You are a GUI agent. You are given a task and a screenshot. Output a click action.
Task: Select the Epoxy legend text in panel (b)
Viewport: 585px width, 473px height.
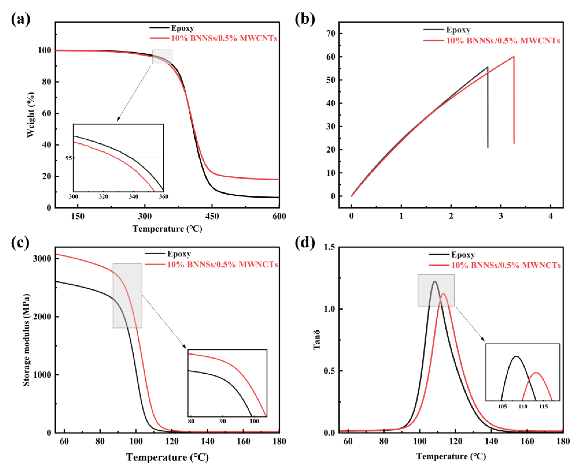[x=458, y=30]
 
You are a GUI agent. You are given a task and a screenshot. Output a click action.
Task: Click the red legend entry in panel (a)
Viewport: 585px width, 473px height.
[x=224, y=38]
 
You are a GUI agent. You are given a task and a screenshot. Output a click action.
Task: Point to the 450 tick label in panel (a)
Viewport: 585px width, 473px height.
[x=212, y=216]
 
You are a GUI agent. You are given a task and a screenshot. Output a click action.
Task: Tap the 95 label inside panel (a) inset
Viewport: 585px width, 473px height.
[x=69, y=158]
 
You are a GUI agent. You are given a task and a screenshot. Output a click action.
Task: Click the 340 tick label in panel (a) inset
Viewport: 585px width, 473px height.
[x=133, y=196]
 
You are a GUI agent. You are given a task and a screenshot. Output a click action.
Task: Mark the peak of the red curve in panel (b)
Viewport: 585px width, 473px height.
[x=514, y=57]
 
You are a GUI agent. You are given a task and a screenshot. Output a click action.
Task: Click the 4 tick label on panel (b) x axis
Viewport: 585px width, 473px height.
[x=551, y=216]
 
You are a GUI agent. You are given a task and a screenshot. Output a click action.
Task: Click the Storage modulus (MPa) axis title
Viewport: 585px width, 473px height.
[x=26, y=340]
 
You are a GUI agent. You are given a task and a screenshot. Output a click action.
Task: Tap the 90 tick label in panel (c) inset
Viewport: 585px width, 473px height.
[x=223, y=421]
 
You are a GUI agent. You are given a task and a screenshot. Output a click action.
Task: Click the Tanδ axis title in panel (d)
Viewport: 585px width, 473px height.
[x=316, y=340]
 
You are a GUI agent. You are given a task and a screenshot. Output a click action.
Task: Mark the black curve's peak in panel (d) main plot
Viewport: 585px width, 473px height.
[x=435, y=281]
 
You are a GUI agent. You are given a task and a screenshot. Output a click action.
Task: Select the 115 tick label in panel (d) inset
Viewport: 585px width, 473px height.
[x=544, y=406]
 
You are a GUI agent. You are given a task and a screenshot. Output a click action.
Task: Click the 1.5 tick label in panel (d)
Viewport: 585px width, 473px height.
[x=329, y=247]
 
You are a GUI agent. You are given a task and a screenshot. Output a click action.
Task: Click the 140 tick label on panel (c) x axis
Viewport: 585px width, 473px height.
[x=208, y=441]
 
